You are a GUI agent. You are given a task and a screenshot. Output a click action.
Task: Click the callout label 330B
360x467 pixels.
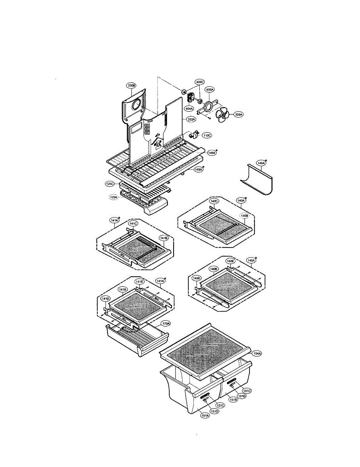pyautogui.click(x=131, y=85)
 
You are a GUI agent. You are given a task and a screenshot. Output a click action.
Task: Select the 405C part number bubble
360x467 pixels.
pyautogui.click(x=200, y=82)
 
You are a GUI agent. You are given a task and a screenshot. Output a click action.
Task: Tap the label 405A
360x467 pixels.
pyautogui.click(x=209, y=90)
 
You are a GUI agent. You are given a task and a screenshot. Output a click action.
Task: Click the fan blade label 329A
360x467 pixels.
pyautogui.click(x=239, y=114)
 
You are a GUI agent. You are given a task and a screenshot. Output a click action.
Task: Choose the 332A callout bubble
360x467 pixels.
pyautogui.click(x=191, y=119)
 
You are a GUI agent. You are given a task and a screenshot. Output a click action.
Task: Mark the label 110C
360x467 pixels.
pyautogui.click(x=207, y=135)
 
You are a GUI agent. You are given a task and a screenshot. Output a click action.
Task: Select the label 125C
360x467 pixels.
pyautogui.click(x=110, y=183)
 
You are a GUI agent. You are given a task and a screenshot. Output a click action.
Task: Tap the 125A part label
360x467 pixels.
pyautogui.click(x=114, y=197)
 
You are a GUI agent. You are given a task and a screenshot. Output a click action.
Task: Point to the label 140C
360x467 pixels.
pyautogui.click(x=214, y=201)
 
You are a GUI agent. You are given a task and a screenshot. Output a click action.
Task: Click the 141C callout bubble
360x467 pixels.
pyautogui.click(x=133, y=224)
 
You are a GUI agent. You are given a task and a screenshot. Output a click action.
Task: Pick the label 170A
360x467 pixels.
pyautogui.click(x=166, y=323)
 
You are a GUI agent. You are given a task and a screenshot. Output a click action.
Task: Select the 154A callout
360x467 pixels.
pyautogui.click(x=257, y=353)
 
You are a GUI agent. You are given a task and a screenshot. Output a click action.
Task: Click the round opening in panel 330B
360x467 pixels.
pyautogui.click(x=137, y=105)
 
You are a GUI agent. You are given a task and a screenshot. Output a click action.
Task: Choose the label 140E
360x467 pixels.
pyautogui.click(x=230, y=261)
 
